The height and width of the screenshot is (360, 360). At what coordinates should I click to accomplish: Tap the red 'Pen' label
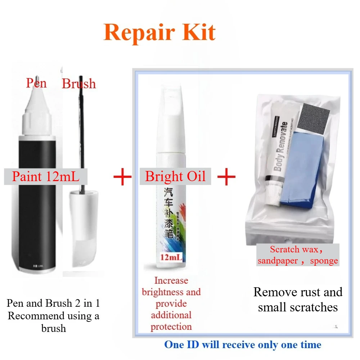click(36, 83)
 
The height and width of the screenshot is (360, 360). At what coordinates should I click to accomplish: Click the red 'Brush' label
click(79, 84)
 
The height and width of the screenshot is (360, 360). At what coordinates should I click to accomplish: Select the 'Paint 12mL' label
click(45, 177)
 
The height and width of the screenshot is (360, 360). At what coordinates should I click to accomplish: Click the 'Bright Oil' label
click(175, 176)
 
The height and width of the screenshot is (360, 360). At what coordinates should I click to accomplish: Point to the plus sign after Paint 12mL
click(122, 177)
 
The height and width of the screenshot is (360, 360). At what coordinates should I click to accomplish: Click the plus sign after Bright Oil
click(226, 177)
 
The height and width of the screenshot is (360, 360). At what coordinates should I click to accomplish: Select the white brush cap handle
click(84, 230)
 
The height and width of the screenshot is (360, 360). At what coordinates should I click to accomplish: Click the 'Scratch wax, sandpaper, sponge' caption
click(298, 255)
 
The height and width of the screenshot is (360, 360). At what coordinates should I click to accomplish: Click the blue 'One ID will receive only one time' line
click(243, 345)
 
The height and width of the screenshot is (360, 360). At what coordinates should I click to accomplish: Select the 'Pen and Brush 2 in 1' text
click(53, 303)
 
